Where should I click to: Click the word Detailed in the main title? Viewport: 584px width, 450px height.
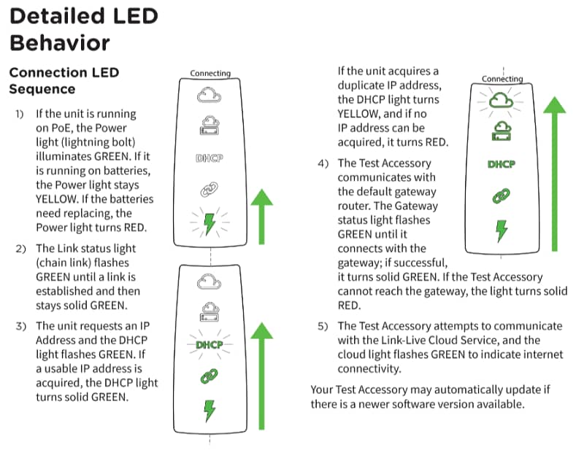point(58,16)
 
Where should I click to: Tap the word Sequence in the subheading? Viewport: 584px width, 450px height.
point(42,89)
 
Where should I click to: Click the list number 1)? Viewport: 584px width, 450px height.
point(20,114)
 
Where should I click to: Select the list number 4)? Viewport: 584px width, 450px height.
point(323,163)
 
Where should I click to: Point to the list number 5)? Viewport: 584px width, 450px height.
point(323,327)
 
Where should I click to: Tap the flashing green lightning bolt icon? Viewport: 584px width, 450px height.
point(210,224)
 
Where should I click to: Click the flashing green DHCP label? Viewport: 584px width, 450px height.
point(210,345)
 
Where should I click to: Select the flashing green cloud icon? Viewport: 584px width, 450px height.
point(501,100)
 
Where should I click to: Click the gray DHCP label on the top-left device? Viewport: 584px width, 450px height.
point(210,158)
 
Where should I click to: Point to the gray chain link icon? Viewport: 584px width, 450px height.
point(209,190)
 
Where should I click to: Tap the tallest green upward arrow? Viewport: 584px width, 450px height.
point(555,174)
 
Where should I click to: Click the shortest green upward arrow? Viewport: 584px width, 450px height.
point(262,217)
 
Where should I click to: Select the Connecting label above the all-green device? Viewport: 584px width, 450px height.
point(502,79)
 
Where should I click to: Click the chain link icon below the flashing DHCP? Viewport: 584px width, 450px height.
point(209,376)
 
